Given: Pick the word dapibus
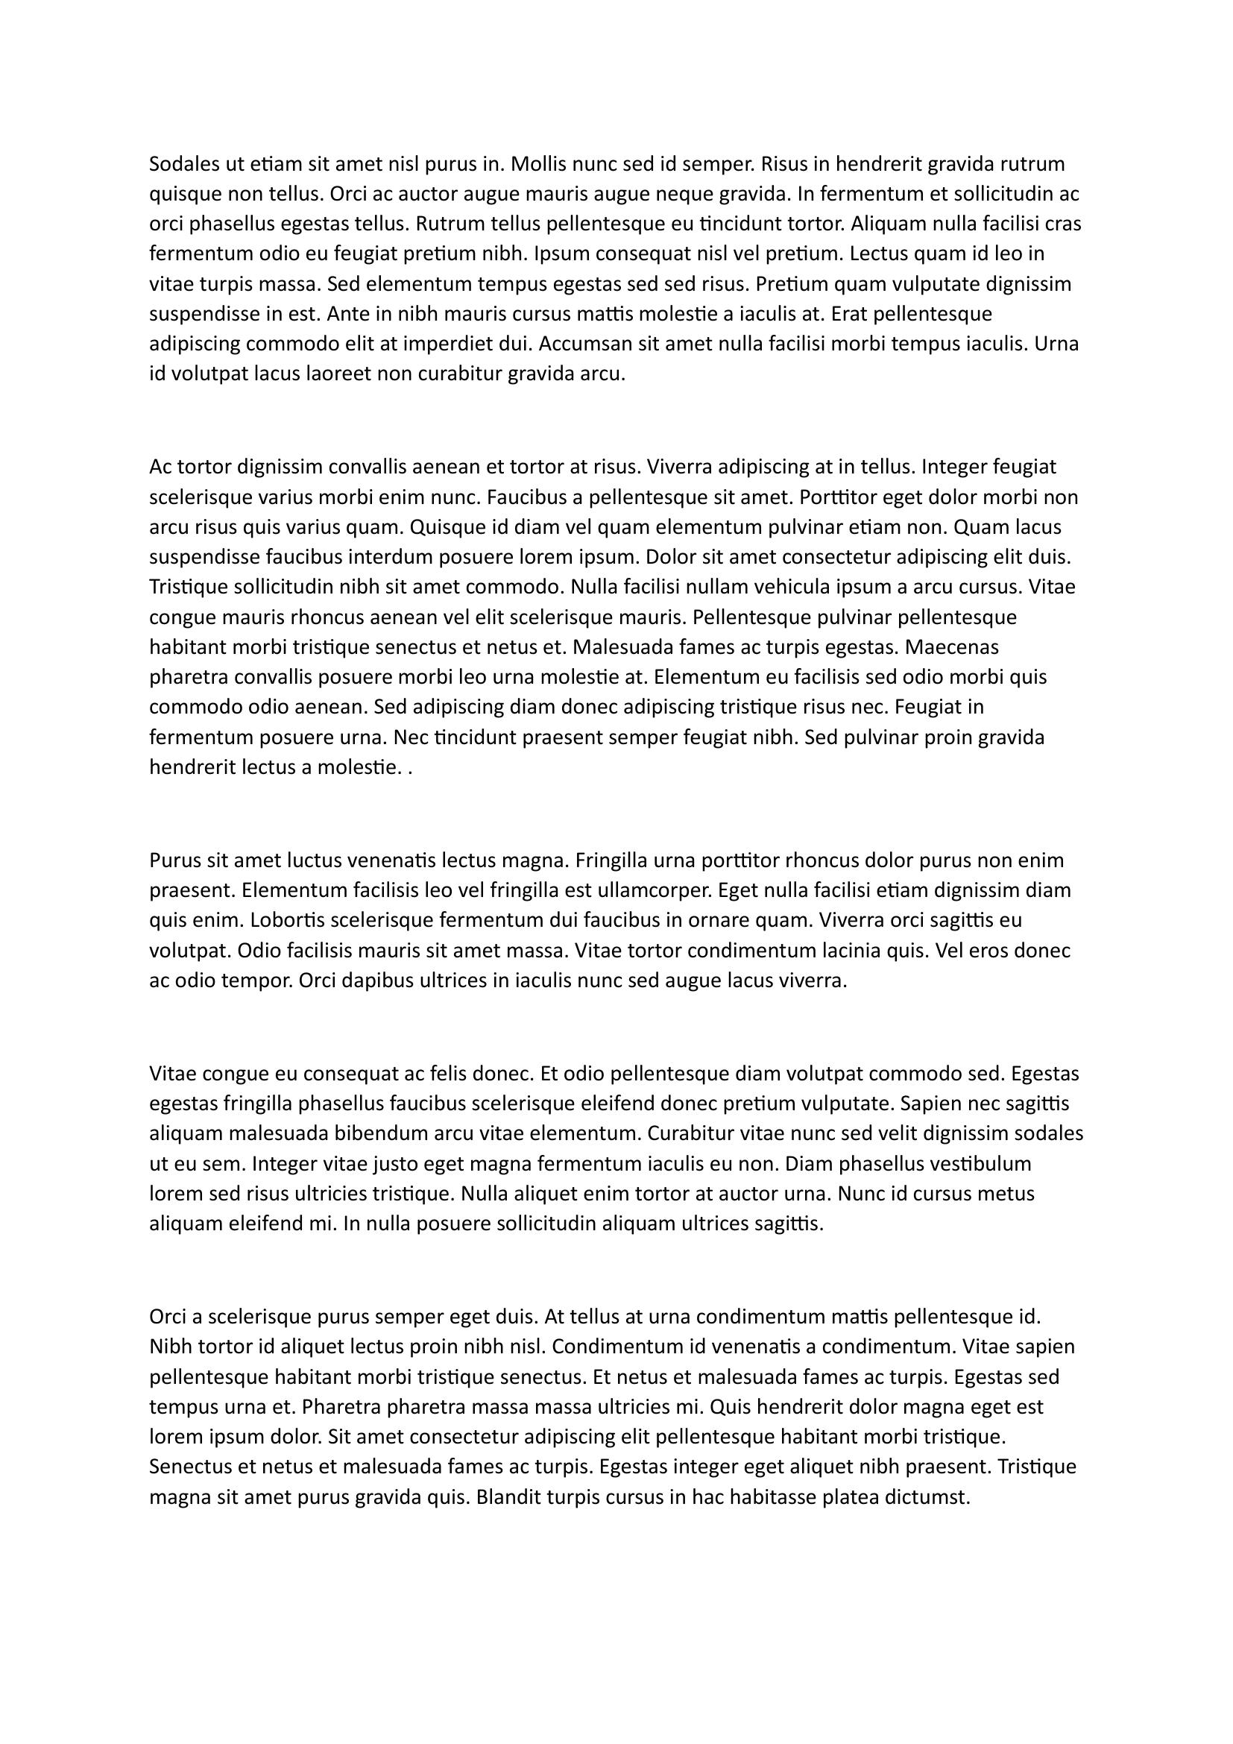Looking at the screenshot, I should coord(370,981).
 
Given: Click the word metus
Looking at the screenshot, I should coord(1002,1194).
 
